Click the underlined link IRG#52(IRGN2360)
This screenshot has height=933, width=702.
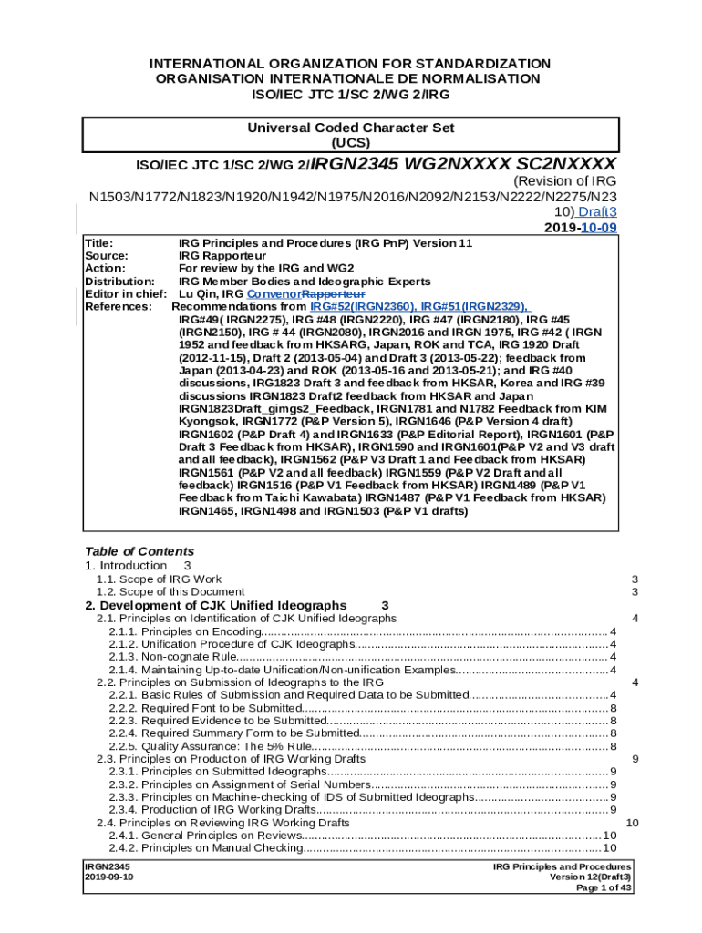tap(363, 307)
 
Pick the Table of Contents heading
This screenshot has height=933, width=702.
tap(139, 551)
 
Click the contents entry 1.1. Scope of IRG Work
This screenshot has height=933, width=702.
tap(159, 579)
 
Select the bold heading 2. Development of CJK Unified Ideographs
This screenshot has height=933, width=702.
tap(215, 605)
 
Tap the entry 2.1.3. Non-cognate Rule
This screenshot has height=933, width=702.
tap(173, 657)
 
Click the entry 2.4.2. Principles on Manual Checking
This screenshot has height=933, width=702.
tap(205, 848)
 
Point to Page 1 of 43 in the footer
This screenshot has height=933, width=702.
tap(605, 888)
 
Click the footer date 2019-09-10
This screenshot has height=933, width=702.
tap(108, 877)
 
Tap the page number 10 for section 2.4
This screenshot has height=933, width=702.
tap(633, 823)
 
